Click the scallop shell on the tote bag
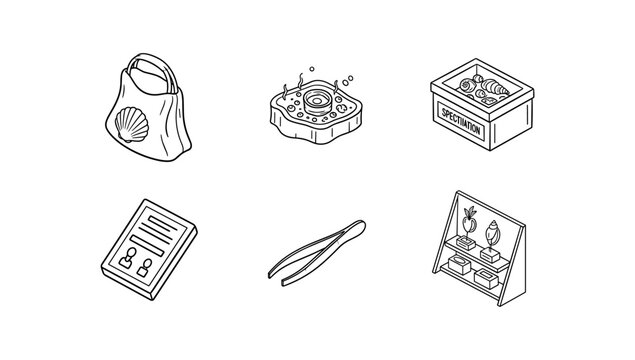click(x=132, y=124)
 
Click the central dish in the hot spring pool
click(x=317, y=102)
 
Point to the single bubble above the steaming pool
click(x=312, y=69)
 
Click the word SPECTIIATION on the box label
click(x=460, y=121)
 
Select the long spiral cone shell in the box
click(x=495, y=87)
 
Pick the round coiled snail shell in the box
click(x=467, y=85)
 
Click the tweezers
click(x=317, y=253)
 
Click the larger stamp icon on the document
click(x=128, y=258)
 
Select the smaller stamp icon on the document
click(x=145, y=268)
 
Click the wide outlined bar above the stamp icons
click(x=147, y=245)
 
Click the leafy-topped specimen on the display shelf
click(x=469, y=221)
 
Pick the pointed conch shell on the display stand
click(x=492, y=233)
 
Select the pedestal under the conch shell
click(x=490, y=254)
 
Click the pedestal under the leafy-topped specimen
click(x=466, y=242)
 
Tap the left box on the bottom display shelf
click(x=459, y=264)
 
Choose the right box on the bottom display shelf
click(x=486, y=279)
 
